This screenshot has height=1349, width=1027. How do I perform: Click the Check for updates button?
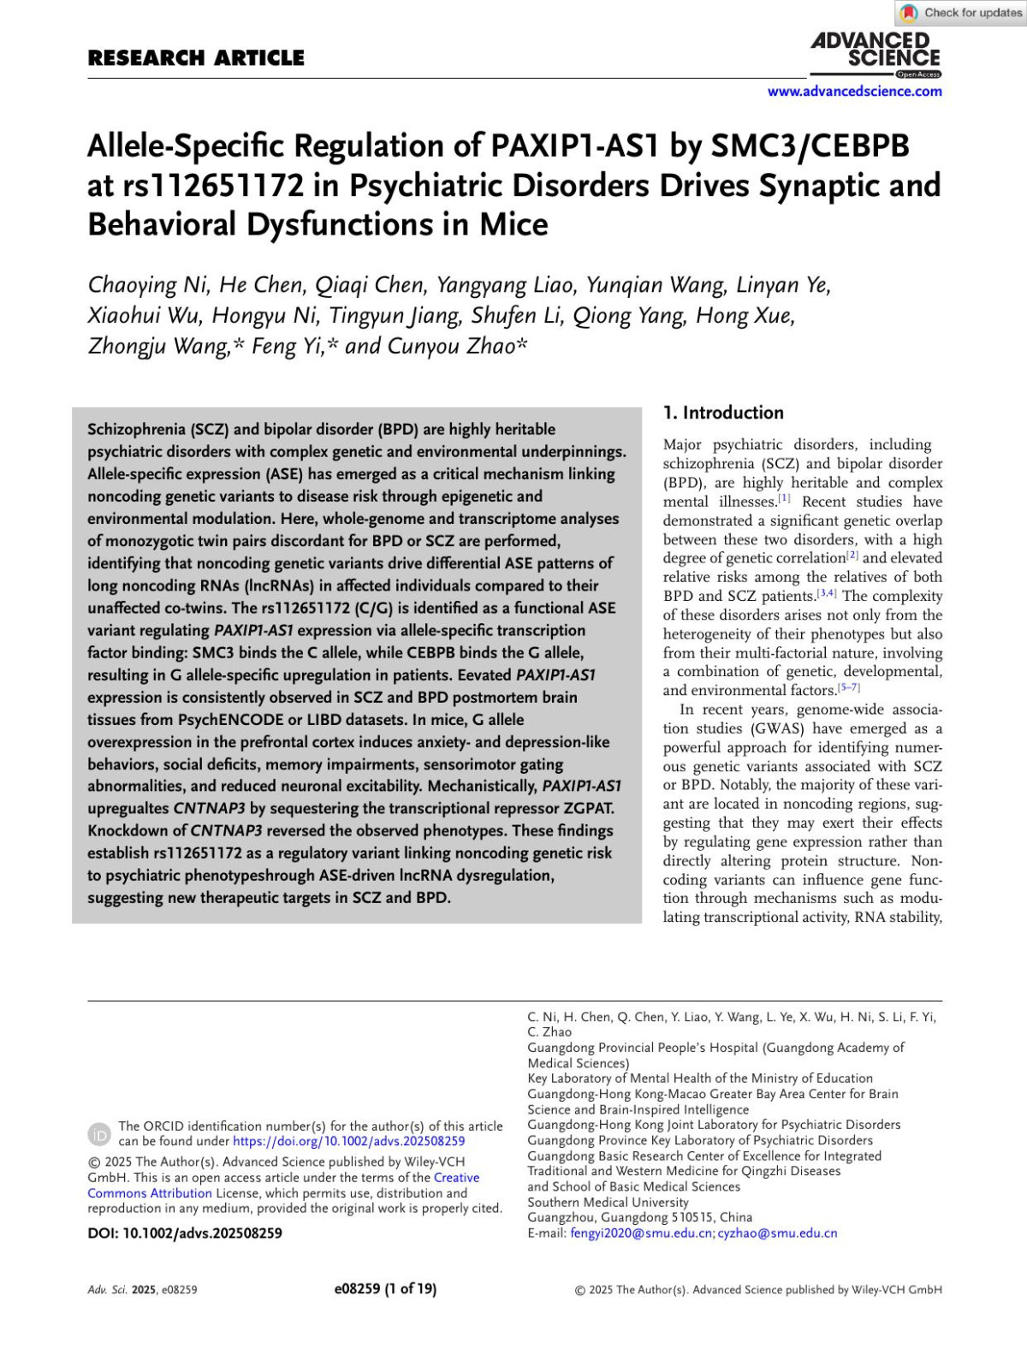click(x=962, y=13)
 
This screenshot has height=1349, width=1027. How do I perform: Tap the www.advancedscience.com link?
click(x=854, y=92)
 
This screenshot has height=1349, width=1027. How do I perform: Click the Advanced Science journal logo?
click(x=876, y=53)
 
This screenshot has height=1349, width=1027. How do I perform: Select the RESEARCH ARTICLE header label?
click(x=196, y=58)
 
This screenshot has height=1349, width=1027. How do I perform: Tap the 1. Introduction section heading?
click(x=723, y=413)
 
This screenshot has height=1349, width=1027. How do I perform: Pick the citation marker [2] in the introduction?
click(x=852, y=556)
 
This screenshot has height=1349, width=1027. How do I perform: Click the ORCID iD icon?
click(x=99, y=1133)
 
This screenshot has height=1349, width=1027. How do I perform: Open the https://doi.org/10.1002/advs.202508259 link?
click(x=348, y=1141)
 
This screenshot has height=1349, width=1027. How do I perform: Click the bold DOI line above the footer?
click(x=185, y=1233)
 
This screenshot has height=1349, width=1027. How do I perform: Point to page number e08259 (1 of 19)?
click(x=385, y=1289)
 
